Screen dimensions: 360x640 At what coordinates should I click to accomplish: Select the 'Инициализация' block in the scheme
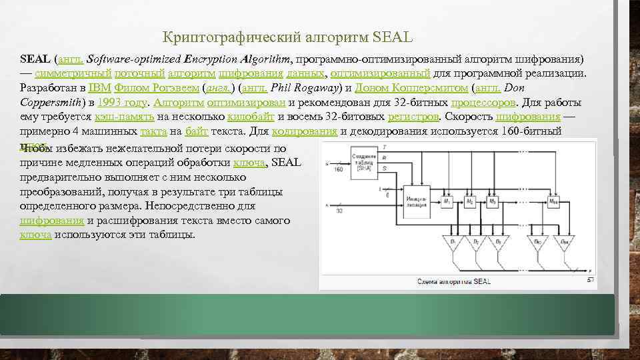click(415, 202)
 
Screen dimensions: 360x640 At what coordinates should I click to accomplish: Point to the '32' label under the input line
click(339, 211)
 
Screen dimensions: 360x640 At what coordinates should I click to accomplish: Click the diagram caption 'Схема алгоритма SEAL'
click(453, 281)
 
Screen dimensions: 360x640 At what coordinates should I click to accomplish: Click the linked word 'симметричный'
click(73, 73)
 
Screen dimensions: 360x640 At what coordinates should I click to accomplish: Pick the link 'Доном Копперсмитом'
click(411, 88)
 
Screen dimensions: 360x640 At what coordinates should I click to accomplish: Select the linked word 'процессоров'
click(483, 103)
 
